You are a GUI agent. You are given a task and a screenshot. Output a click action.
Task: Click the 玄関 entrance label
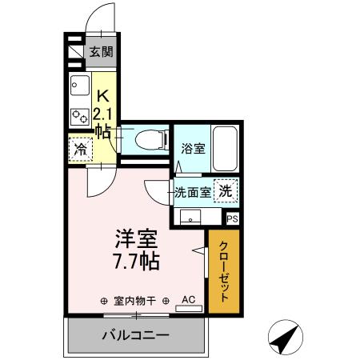click(101, 53)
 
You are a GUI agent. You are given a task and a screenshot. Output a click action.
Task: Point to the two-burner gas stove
click(78, 115)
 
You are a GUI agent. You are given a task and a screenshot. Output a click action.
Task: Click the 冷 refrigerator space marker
click(79, 149)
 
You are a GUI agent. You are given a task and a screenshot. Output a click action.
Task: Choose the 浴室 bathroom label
click(192, 148)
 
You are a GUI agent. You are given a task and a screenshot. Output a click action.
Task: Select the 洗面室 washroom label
click(193, 192)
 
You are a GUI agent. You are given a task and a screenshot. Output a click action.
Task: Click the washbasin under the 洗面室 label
click(192, 216)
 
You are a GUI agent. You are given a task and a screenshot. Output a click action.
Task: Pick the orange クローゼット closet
click(223, 270)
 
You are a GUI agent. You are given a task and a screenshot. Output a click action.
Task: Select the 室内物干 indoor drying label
click(134, 301)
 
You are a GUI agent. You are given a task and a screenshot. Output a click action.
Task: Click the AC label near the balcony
click(188, 300)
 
